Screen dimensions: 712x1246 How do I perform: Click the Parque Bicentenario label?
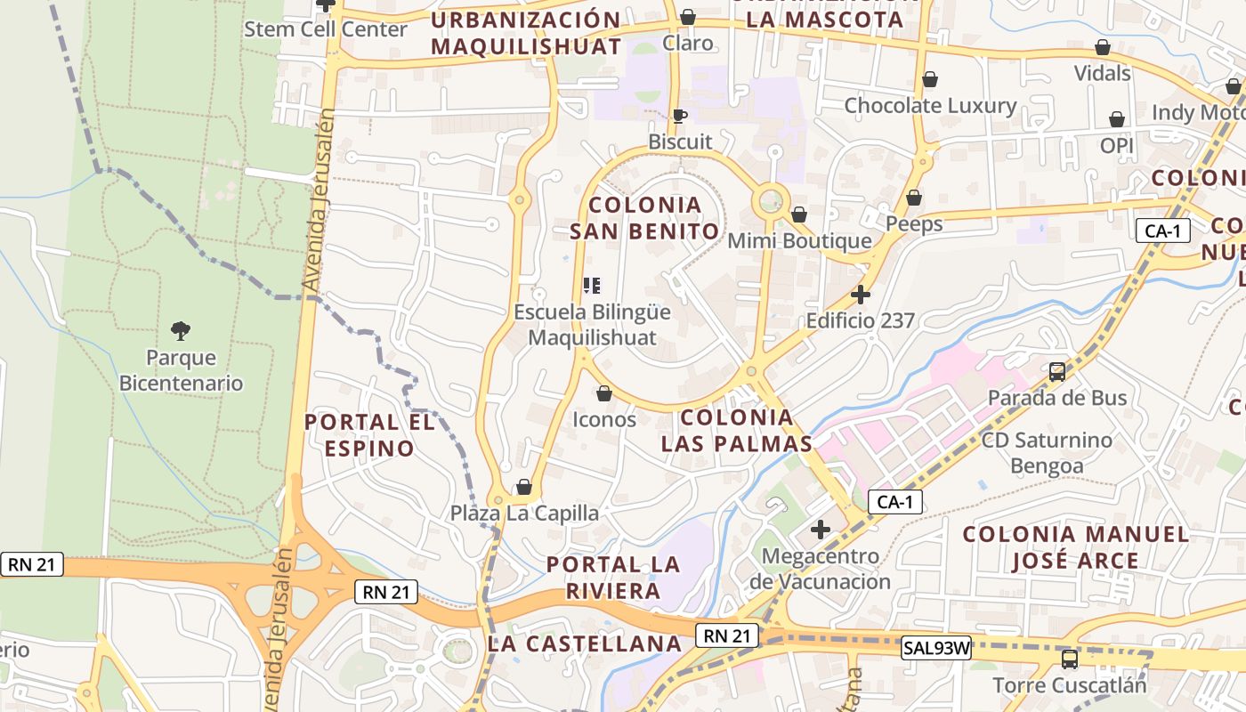click(181, 370)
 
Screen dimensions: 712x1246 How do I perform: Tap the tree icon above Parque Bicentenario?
click(181, 331)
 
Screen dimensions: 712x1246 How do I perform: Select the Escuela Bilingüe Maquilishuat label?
click(592, 325)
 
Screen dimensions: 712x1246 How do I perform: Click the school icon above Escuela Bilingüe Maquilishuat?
click(592, 286)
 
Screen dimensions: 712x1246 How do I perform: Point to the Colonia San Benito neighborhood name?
click(644, 218)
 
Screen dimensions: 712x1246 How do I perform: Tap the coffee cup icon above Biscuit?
click(680, 116)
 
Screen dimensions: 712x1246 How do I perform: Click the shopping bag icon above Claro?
click(688, 17)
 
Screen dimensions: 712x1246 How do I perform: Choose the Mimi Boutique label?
click(799, 241)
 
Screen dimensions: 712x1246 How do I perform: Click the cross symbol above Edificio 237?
click(861, 294)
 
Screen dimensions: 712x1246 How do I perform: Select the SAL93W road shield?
click(934, 648)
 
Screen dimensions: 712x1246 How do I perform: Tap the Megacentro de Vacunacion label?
click(820, 569)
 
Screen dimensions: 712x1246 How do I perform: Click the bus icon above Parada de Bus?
click(1057, 372)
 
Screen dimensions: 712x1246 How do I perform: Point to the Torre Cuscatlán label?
click(1070, 685)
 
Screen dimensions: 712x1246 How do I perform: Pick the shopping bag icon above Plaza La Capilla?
click(524, 487)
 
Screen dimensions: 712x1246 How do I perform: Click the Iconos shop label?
click(604, 419)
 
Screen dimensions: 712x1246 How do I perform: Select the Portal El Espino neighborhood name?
click(369, 434)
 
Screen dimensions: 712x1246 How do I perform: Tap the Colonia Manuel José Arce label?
click(1076, 547)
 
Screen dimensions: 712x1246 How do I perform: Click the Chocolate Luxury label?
click(930, 106)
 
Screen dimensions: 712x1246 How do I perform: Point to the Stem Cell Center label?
click(326, 29)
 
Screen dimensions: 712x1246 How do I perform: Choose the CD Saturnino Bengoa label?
click(1048, 452)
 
